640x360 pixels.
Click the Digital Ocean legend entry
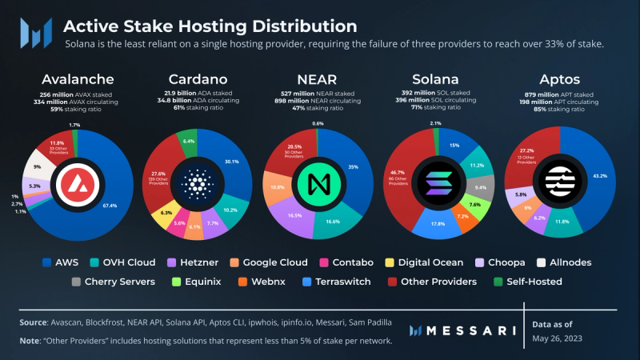[430, 262]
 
